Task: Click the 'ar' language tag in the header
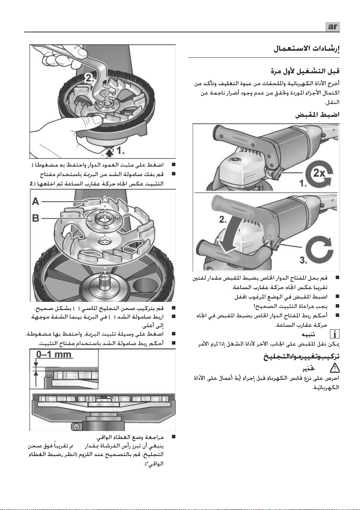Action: tap(332, 27)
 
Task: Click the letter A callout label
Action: tap(35, 202)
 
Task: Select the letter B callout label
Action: tap(36, 218)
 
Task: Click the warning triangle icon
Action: tap(334, 369)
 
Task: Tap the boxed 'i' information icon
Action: tap(335, 335)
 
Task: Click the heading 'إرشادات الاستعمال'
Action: tap(306, 49)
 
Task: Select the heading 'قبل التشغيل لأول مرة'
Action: tap(305, 71)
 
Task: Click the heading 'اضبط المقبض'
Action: tap(317, 114)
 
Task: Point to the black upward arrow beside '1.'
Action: tap(110, 152)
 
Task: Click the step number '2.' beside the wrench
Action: tap(90, 78)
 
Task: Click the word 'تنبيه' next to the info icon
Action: tap(308, 335)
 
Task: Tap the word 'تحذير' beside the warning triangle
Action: tap(308, 369)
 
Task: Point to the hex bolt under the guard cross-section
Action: tap(76, 426)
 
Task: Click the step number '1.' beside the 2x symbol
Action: tap(303, 183)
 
